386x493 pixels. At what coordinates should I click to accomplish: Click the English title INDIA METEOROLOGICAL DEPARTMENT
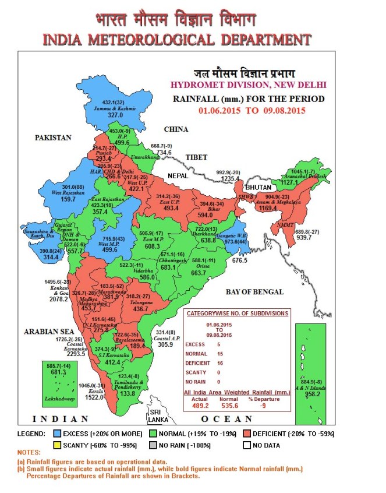point(176,40)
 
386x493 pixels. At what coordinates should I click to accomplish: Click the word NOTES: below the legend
point(29,453)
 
